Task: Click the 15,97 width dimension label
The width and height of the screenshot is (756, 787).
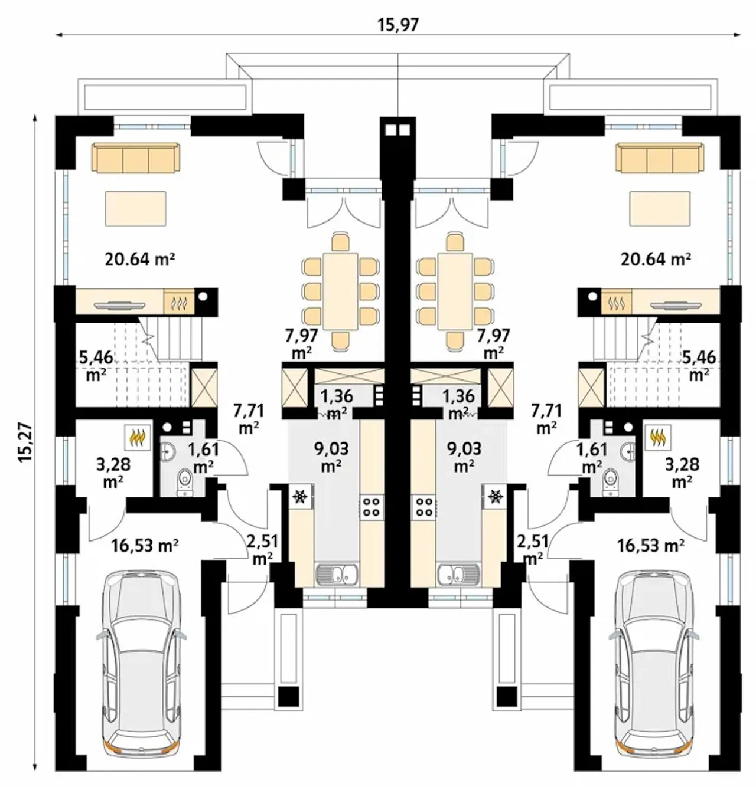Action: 398,25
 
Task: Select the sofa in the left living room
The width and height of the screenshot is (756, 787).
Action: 136,158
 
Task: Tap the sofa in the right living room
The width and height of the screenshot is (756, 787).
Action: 660,158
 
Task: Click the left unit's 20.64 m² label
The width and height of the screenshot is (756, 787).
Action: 140,259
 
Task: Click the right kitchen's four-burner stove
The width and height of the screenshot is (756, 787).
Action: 424,507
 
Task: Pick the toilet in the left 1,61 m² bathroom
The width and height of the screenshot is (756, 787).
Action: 185,481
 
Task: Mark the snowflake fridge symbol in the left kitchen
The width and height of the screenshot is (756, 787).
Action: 301,496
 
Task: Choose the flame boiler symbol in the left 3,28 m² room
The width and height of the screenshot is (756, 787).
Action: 138,437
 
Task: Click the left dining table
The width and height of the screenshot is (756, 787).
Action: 341,291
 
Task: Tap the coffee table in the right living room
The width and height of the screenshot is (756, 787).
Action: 660,208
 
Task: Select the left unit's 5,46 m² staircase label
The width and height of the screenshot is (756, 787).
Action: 96,366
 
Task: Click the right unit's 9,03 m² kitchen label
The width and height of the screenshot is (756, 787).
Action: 464,457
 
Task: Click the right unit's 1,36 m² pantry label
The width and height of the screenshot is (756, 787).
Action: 458,404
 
